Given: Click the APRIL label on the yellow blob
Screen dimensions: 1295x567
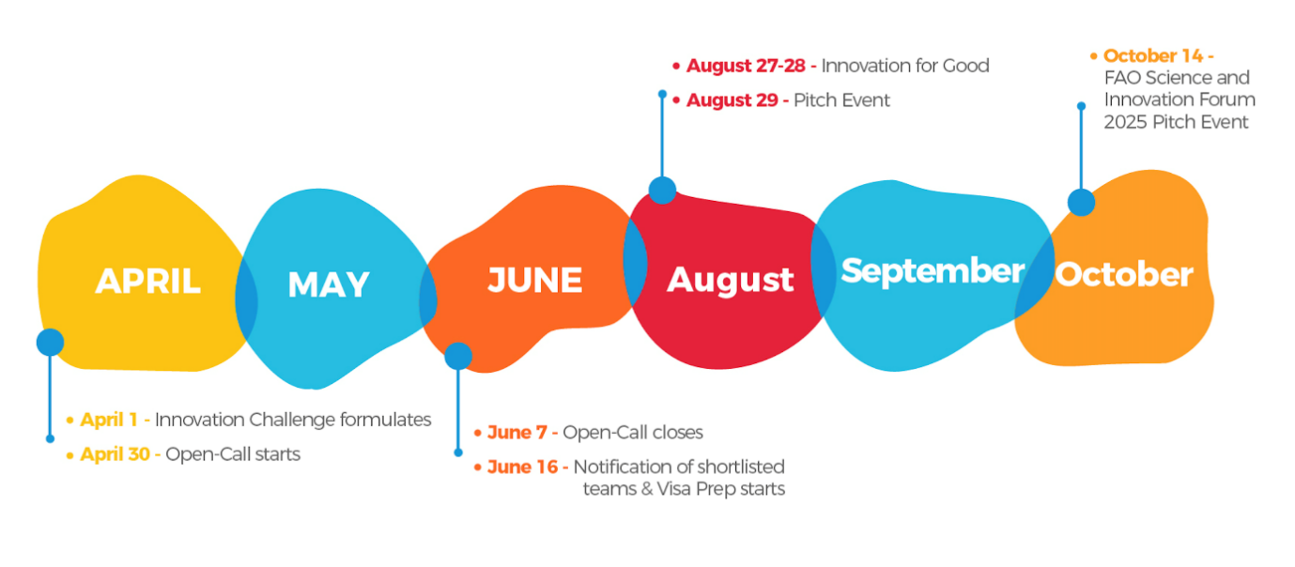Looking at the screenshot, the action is [148, 282].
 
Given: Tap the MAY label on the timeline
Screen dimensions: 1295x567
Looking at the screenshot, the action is [329, 284].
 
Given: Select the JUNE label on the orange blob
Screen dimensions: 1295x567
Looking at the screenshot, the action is [534, 281].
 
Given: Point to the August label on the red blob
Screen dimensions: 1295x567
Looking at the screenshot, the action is [731, 282].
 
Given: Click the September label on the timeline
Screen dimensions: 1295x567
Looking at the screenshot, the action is [933, 271].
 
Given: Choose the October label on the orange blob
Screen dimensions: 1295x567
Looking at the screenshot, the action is [1124, 274].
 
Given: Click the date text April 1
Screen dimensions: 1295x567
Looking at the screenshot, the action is [109, 420].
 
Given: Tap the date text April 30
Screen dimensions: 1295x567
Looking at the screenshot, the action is [116, 454].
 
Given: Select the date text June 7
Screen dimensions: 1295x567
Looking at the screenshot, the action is [516, 433].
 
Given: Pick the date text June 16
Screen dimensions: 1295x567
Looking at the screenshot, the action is [523, 467].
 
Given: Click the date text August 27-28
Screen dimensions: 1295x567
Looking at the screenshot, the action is [746, 66].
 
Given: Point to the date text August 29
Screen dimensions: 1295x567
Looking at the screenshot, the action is [732, 100].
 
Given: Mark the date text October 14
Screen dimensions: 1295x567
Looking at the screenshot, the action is [1153, 55].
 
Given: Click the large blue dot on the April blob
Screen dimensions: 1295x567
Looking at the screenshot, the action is [51, 342].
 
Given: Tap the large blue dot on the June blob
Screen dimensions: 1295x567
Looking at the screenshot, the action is [458, 356].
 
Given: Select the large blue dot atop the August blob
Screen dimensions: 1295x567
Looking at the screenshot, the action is [663, 191].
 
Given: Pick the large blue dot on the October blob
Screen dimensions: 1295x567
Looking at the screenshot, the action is [1081, 202].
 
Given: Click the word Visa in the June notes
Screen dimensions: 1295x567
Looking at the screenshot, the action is [673, 489].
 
